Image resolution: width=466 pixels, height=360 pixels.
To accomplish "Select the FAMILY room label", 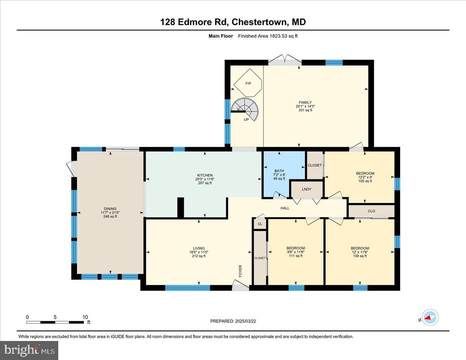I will click(305, 103).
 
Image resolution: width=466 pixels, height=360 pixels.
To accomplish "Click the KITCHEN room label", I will click(204, 175).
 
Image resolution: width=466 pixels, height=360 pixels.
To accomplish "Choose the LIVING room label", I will click(199, 248).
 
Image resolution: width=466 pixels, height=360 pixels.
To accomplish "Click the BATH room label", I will click(279, 171).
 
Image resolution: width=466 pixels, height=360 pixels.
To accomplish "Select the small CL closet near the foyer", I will click(260, 224).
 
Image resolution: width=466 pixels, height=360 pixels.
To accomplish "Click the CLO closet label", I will click(371, 211).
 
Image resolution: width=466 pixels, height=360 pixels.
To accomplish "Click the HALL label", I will click(285, 208).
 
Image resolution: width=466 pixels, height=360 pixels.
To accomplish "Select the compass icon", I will click(429, 317).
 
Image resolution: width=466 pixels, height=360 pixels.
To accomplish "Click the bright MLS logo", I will click(29, 350).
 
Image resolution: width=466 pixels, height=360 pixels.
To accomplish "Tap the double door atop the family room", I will click(285, 60).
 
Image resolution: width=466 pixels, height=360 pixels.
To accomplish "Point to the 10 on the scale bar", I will click(85, 317).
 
